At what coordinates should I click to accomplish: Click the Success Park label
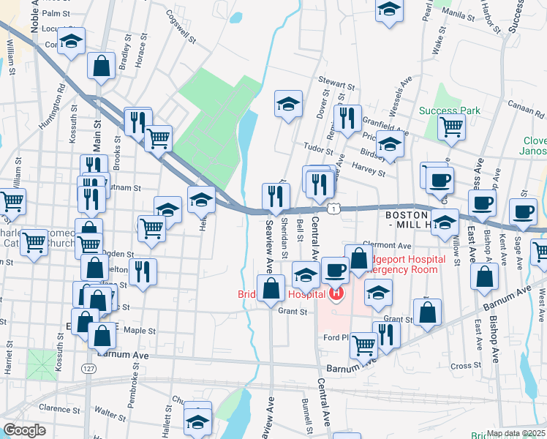450,110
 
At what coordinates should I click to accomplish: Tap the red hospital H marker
336,296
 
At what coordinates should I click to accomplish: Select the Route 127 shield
88,367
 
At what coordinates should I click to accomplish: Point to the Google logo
24,430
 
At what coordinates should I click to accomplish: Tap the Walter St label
114,414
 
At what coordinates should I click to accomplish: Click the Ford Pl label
338,338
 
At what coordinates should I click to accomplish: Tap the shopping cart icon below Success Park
452,126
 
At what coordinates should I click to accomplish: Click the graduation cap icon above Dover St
288,104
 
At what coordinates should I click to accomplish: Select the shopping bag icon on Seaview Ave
271,288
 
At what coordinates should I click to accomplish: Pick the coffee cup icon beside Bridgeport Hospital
335,269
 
